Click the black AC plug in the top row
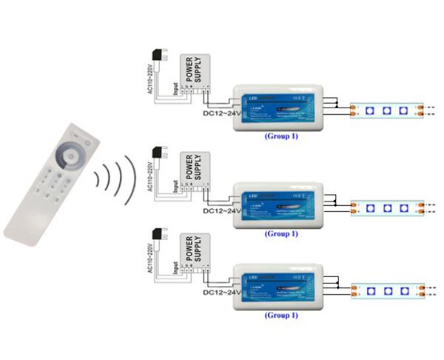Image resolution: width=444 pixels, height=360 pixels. pos(158,58)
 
